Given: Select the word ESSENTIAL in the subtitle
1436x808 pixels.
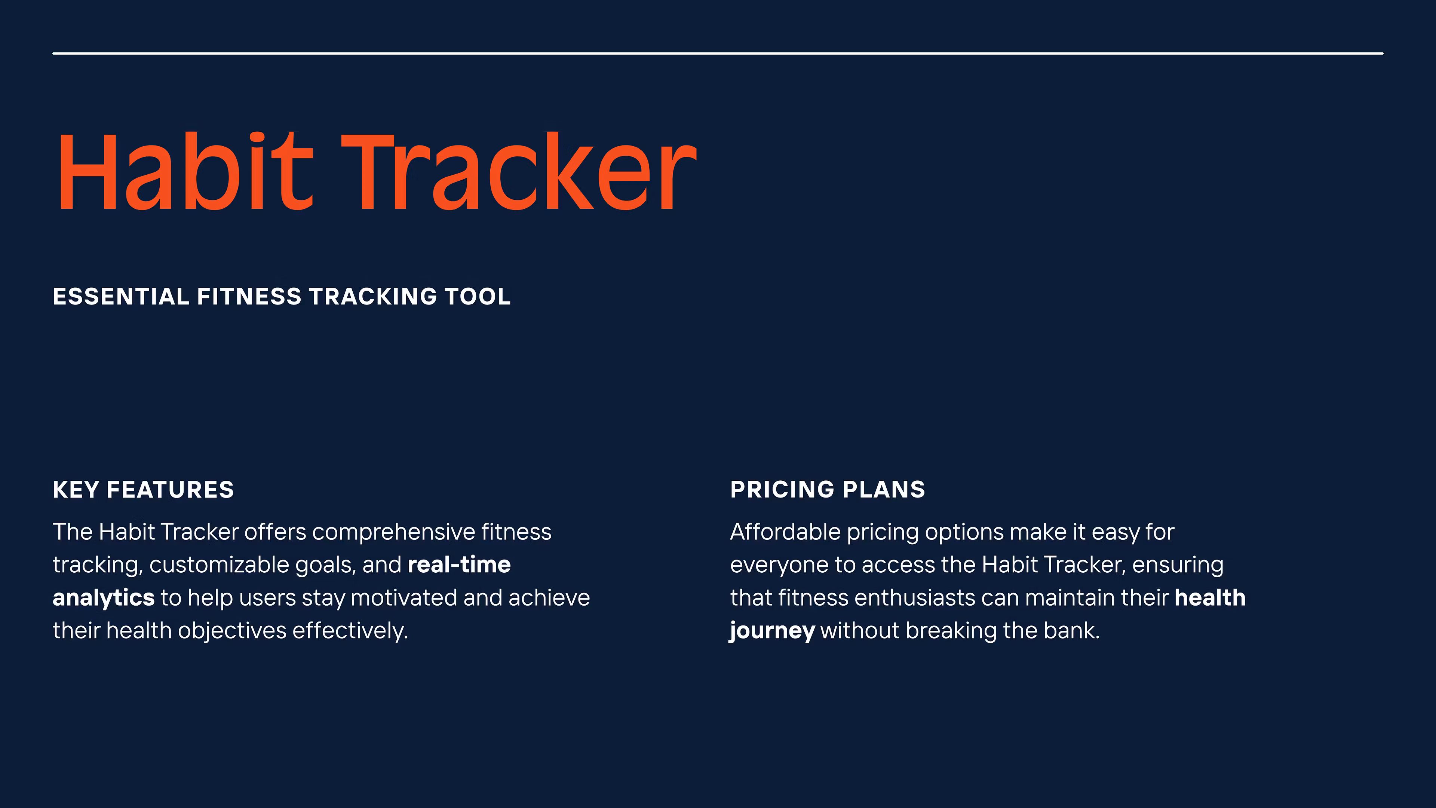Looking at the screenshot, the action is [121, 297].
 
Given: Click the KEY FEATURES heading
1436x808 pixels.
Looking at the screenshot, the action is [143, 490].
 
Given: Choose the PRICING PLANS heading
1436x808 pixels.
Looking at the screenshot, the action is [828, 490].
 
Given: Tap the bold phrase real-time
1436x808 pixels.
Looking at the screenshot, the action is [459, 565].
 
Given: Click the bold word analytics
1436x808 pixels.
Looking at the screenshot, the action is [104, 598].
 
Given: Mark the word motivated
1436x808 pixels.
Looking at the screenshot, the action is [404, 598].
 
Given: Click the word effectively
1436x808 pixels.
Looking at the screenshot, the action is [350, 631].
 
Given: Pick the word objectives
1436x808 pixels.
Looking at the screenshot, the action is [232, 631].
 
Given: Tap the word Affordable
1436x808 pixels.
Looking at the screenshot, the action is [785, 532].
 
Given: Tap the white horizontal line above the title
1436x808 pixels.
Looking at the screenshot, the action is [718, 53].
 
